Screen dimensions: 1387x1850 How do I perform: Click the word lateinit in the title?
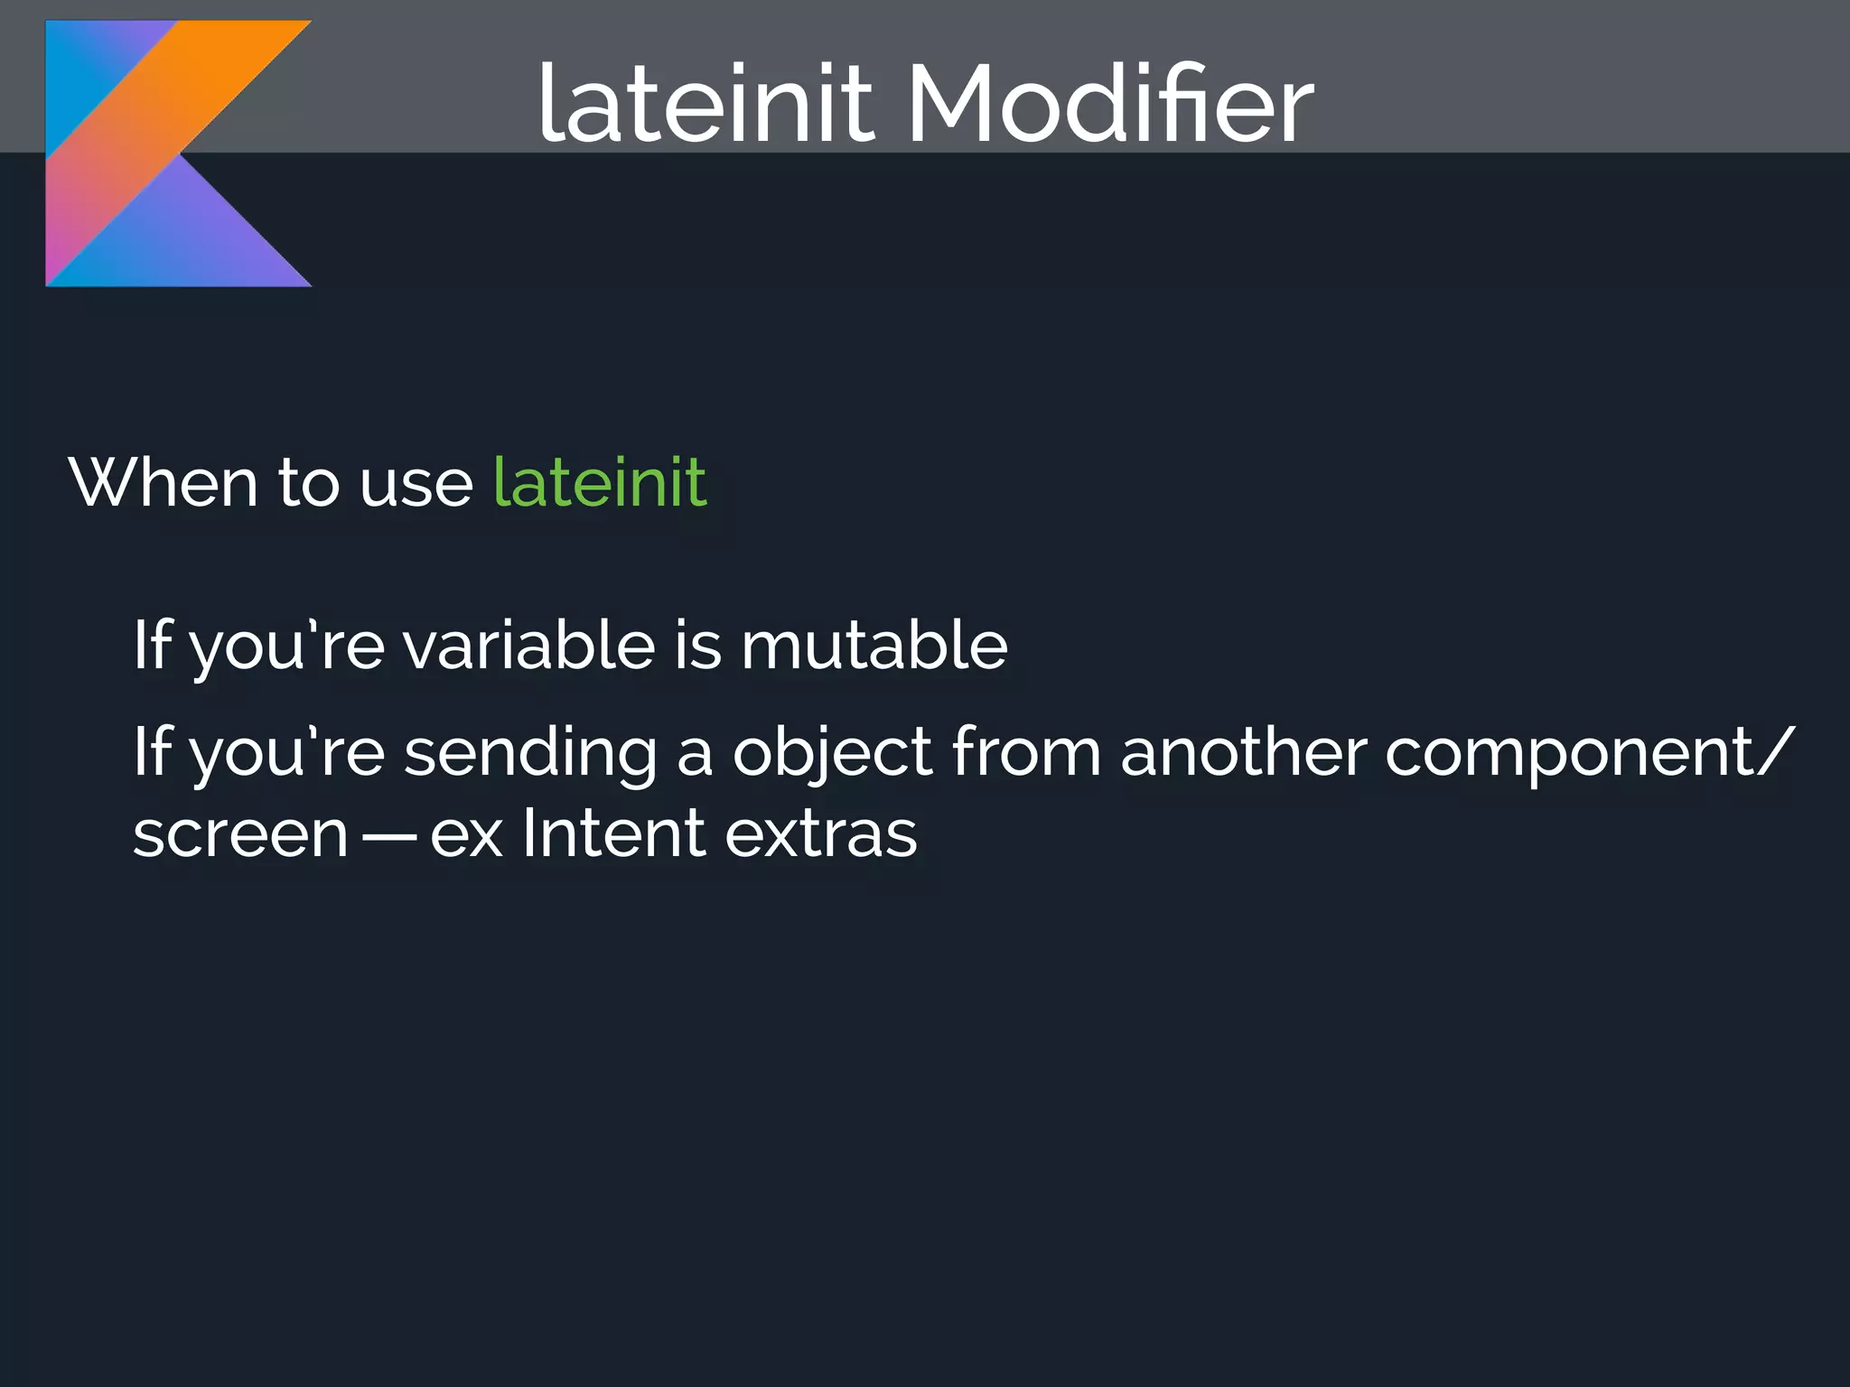tap(705, 104)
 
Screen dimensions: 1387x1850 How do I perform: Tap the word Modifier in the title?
tap(1110, 104)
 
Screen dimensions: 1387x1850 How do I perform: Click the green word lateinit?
tap(599, 483)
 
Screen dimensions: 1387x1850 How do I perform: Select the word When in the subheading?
tap(163, 483)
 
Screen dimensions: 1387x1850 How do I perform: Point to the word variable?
tap(528, 646)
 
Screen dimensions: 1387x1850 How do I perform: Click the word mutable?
tap(874, 646)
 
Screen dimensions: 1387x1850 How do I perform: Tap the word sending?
tap(530, 754)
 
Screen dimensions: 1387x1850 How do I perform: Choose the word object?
tap(831, 754)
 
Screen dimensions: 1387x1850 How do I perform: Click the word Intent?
tap(613, 833)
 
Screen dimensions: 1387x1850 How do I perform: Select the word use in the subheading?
tap(416, 485)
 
